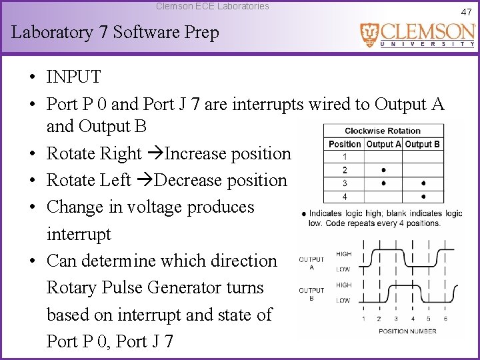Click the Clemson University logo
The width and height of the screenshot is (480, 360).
417,35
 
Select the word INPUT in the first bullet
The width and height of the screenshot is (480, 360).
73,77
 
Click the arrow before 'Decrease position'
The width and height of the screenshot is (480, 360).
145,181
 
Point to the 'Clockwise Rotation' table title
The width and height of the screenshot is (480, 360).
383,131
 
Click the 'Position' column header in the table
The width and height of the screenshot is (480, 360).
345,144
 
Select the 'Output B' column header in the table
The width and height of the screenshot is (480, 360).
423,144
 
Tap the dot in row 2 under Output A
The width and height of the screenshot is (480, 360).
383,170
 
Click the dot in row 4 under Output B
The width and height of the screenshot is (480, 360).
424,197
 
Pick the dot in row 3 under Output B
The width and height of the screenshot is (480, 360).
424,183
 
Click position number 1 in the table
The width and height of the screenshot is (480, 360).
345,157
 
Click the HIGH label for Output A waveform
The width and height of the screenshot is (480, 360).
343,254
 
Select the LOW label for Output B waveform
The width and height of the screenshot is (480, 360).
343,301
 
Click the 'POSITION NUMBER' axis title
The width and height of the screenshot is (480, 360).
407,331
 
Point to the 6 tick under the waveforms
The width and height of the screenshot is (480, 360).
445,319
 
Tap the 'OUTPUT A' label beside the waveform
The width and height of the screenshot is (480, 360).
311,263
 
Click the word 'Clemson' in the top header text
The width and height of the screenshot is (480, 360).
173,6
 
